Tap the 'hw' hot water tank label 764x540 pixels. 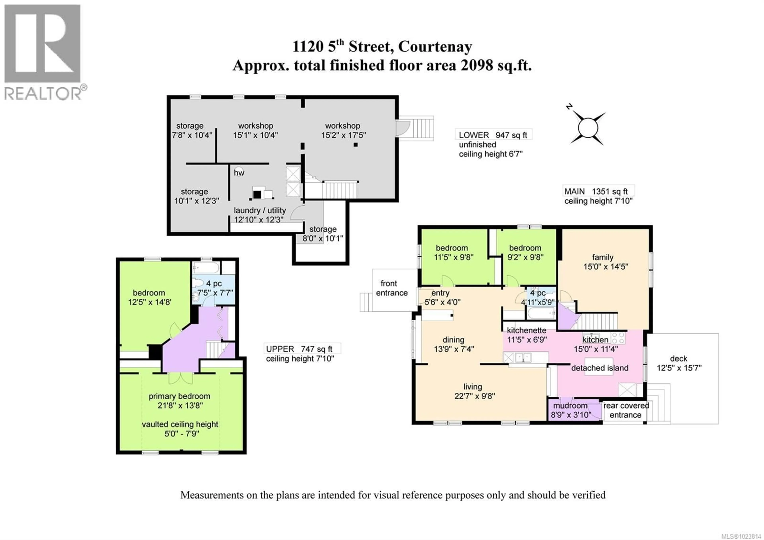239,172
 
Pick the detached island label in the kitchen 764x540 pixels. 600,368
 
